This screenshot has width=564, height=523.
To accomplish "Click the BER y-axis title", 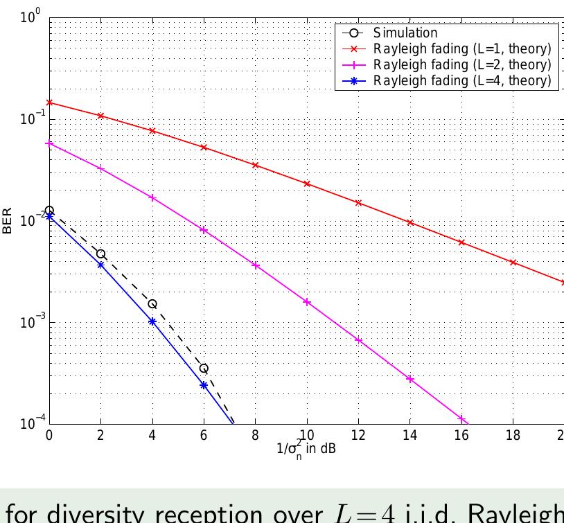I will coord(8,221).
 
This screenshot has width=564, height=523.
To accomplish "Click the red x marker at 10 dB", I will coord(307,184).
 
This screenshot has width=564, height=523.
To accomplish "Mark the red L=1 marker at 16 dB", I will coord(461,242).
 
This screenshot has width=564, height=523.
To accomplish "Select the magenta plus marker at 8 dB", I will coord(256,265).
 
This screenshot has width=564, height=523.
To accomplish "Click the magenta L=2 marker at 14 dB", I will coord(410,379).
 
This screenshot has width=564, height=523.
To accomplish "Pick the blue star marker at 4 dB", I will coord(152,321).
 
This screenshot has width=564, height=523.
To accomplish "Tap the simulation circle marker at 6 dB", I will coord(204,369).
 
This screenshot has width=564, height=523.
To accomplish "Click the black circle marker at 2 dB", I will coord(100,254).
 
